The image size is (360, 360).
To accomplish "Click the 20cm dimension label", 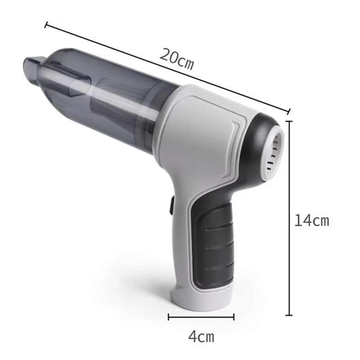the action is pyautogui.click(x=176, y=59).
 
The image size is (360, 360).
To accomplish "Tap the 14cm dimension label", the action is pyautogui.click(x=311, y=220).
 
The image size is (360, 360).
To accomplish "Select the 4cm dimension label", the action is pyautogui.click(x=201, y=337).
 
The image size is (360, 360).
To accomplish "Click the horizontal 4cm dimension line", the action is pyautogui.click(x=201, y=317).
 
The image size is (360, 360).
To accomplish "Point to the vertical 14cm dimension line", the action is pyautogui.click(x=289, y=218).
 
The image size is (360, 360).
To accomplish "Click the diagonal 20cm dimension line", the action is pyautogui.click(x=167, y=68).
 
